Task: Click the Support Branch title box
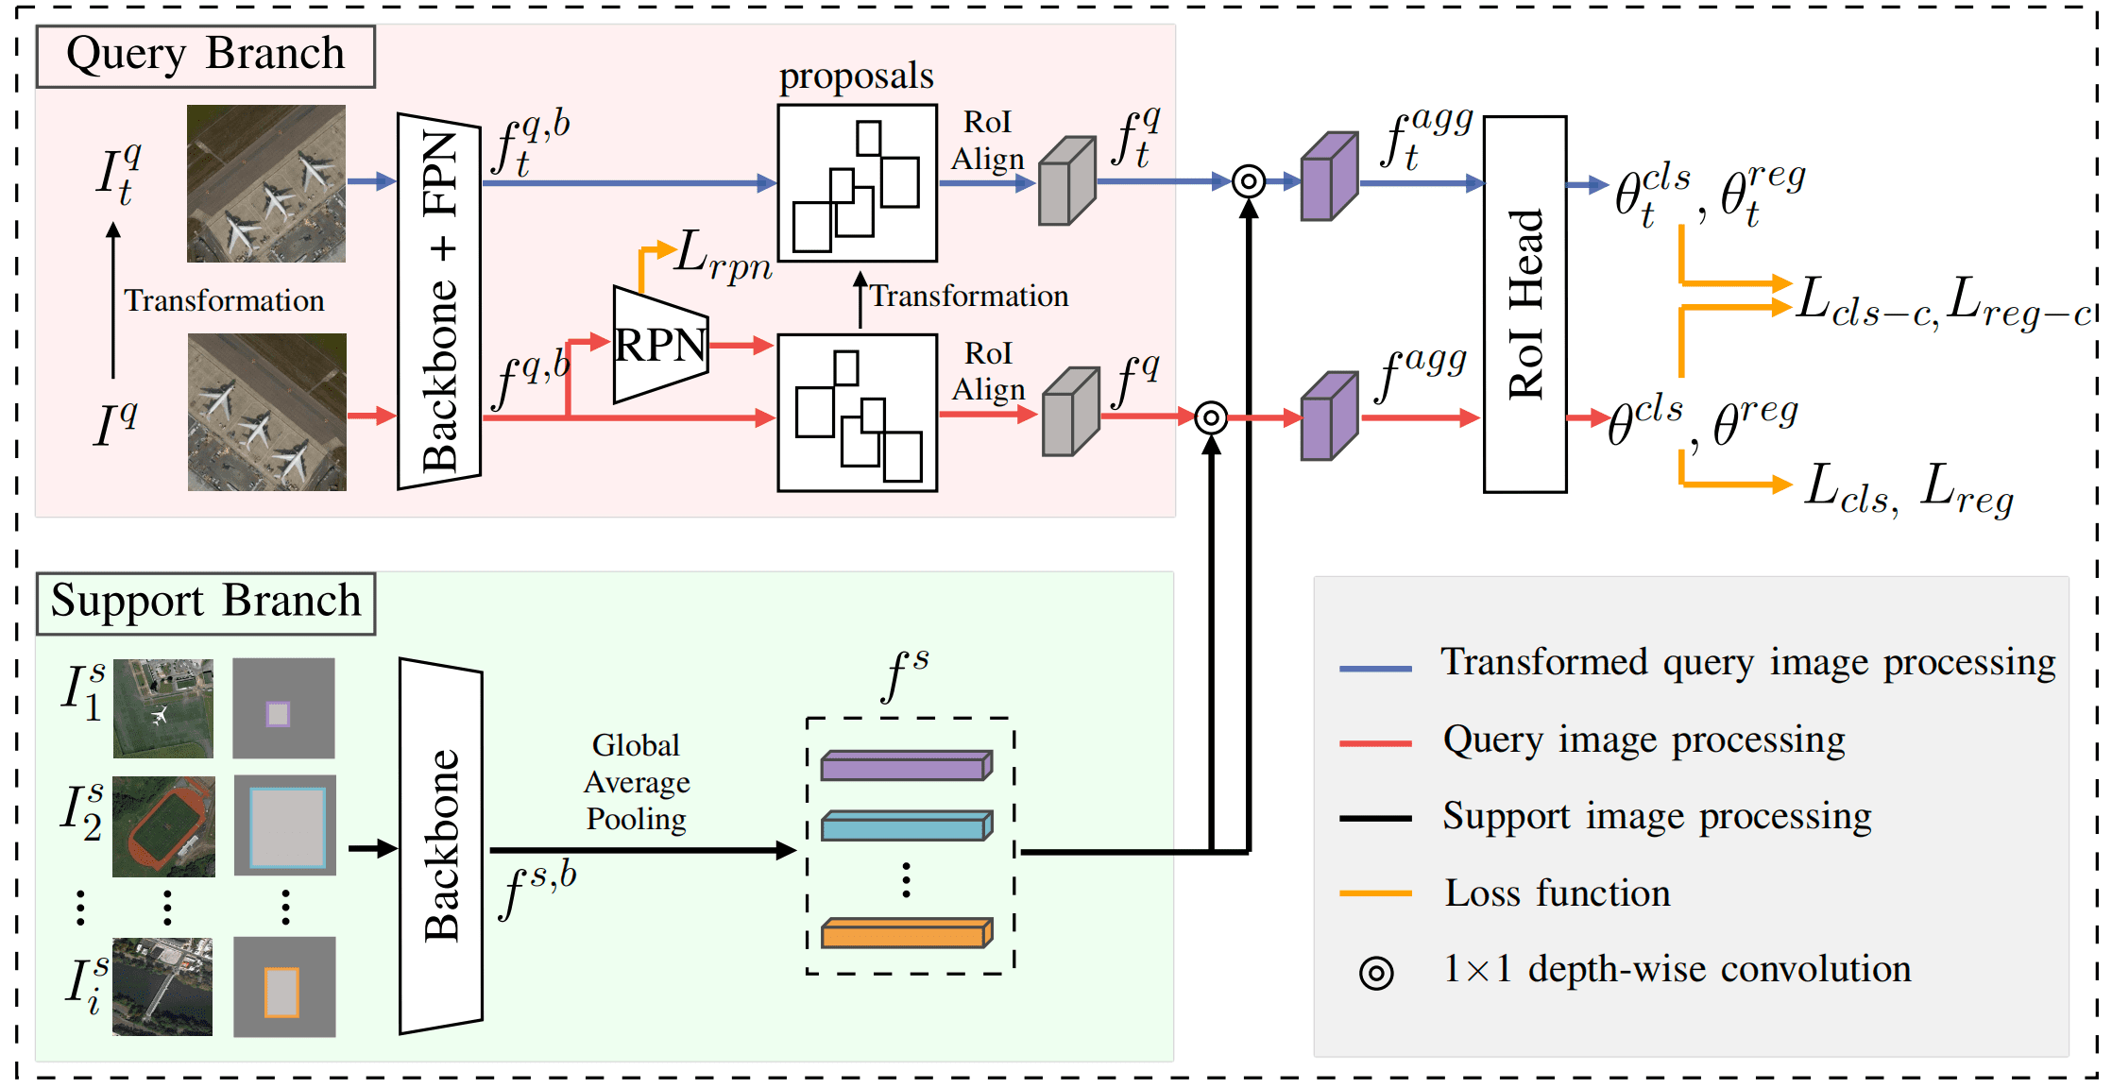point(206,603)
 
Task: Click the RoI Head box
point(1524,304)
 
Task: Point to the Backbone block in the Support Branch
point(441,846)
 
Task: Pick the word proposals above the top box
point(856,76)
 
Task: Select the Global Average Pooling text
point(637,782)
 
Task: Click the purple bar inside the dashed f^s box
point(906,766)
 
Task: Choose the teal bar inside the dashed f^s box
point(906,826)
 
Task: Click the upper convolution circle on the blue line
point(1249,180)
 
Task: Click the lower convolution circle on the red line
point(1211,416)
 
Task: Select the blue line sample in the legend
point(1375,668)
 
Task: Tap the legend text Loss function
point(1557,893)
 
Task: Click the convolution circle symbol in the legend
point(1376,973)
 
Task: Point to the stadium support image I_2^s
point(163,826)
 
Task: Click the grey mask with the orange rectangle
point(284,987)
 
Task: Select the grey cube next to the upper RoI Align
point(1067,181)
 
